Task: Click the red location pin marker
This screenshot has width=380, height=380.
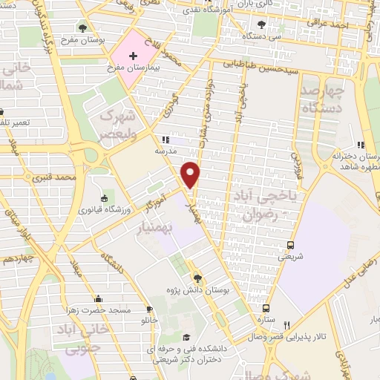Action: (191, 174)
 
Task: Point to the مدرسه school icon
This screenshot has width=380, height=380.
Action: (165, 140)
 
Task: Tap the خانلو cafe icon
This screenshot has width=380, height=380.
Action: (150, 309)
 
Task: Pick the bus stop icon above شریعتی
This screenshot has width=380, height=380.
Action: (289, 245)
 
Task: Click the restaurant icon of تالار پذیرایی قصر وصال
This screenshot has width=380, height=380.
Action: (286, 324)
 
